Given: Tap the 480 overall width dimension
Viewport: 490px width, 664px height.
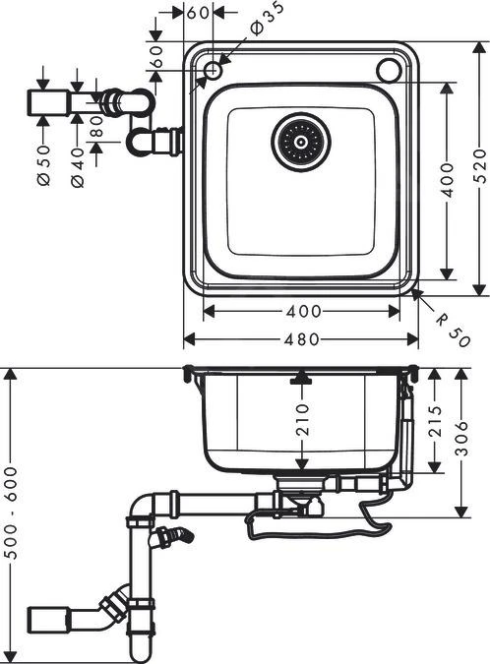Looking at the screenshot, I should pos(301,339).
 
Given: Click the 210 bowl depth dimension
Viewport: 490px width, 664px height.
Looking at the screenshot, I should pos(302,419).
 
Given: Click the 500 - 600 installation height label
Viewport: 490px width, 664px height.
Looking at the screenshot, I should pos(12,515).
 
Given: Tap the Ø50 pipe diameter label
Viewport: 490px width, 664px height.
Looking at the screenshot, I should pos(44,154).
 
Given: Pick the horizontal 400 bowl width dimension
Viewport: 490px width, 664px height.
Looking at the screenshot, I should pos(301,312).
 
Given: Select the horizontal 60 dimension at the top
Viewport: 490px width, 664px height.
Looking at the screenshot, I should pos(198,13).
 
